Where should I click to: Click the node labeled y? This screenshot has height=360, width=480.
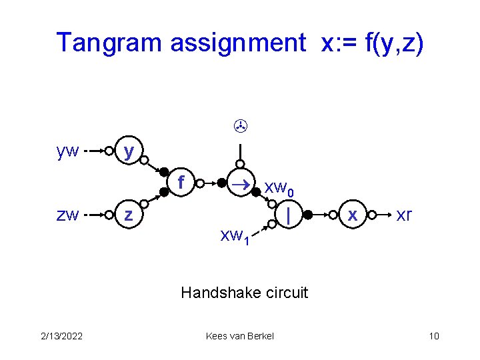(129, 151)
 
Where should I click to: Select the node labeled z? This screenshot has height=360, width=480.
(129, 215)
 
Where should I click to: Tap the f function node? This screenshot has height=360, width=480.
(181, 181)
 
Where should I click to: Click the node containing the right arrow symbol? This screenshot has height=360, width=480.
(239, 182)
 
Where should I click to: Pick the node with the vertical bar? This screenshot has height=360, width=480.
(287, 215)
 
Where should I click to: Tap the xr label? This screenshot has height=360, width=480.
(404, 215)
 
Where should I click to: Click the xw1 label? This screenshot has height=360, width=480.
(235, 235)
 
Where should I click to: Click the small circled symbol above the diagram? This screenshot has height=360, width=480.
(239, 124)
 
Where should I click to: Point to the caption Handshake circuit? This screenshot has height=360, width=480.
(245, 292)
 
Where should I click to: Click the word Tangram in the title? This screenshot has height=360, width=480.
(109, 43)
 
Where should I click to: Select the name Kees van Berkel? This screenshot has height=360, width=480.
(240, 336)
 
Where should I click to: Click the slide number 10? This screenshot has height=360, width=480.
(434, 336)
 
